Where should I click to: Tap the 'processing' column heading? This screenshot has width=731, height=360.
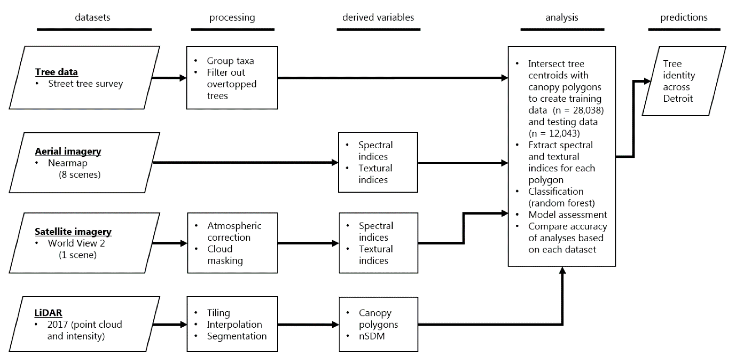pyautogui.click(x=232, y=17)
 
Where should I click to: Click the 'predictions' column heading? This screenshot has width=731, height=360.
pyautogui.click(x=684, y=17)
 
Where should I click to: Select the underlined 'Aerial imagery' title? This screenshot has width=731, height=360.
pyautogui.click(x=68, y=151)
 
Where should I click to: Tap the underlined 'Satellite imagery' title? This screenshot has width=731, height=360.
pyautogui.click(x=73, y=231)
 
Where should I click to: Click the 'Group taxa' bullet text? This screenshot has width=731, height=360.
pyautogui.click(x=230, y=61)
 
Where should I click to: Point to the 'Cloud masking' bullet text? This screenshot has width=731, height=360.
pyautogui.click(x=225, y=255)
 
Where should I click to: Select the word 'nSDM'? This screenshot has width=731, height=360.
pyautogui.click(x=372, y=336)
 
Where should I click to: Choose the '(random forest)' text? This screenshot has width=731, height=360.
pyautogui.click(x=561, y=203)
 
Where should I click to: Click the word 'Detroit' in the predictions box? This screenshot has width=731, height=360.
pyautogui.click(x=678, y=99)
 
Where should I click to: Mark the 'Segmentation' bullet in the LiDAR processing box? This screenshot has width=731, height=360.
pyautogui.click(x=237, y=336)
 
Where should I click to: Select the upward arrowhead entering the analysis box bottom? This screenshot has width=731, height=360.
pyautogui.click(x=562, y=271)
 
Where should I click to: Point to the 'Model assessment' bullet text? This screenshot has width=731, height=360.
pyautogui.click(x=568, y=215)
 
